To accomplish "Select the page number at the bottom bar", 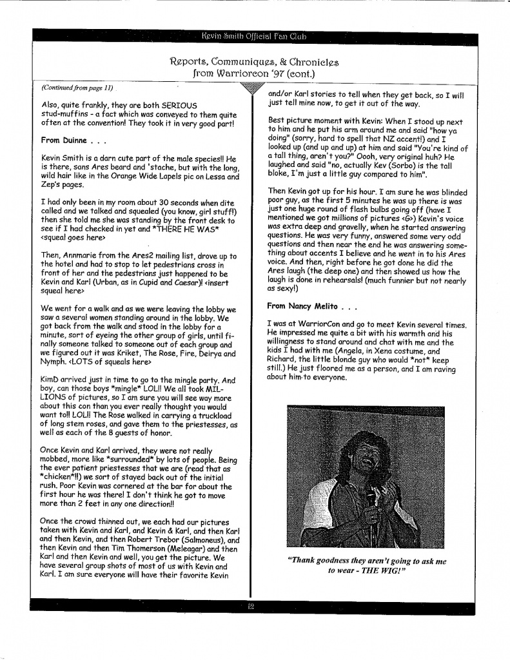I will pyautogui.click(x=251, y=606).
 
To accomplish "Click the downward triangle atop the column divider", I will pyautogui.click(x=251, y=92).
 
